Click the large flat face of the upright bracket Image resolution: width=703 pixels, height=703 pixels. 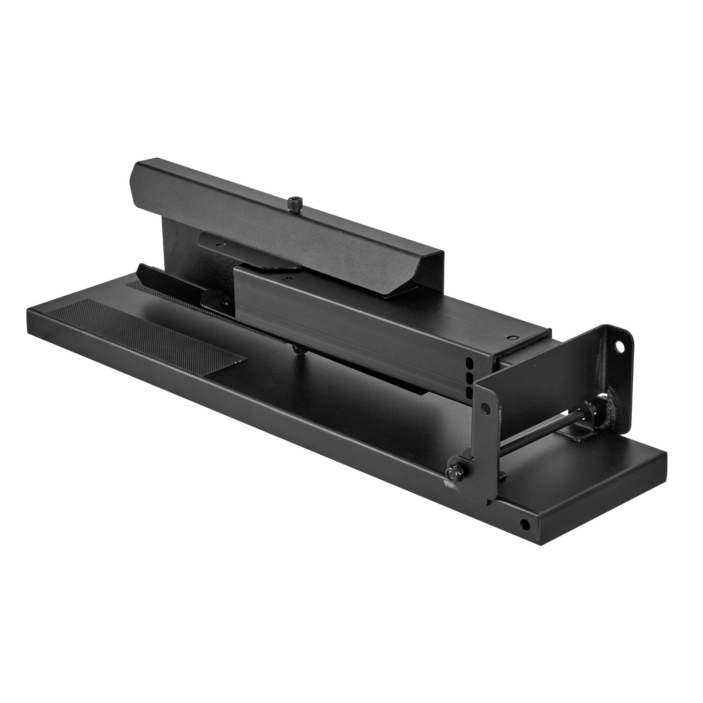[x=549, y=378]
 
